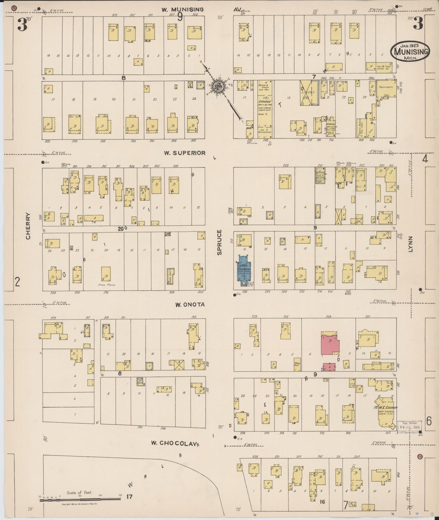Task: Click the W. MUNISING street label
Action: click(182, 10)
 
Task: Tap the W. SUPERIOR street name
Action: click(185, 153)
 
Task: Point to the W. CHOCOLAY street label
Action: click(173, 443)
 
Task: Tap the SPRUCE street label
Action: click(219, 242)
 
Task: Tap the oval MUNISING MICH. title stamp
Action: click(410, 50)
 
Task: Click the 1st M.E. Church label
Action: click(386, 407)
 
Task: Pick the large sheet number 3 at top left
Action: click(22, 25)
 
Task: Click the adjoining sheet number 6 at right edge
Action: click(429, 421)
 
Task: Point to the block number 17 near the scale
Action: click(129, 497)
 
